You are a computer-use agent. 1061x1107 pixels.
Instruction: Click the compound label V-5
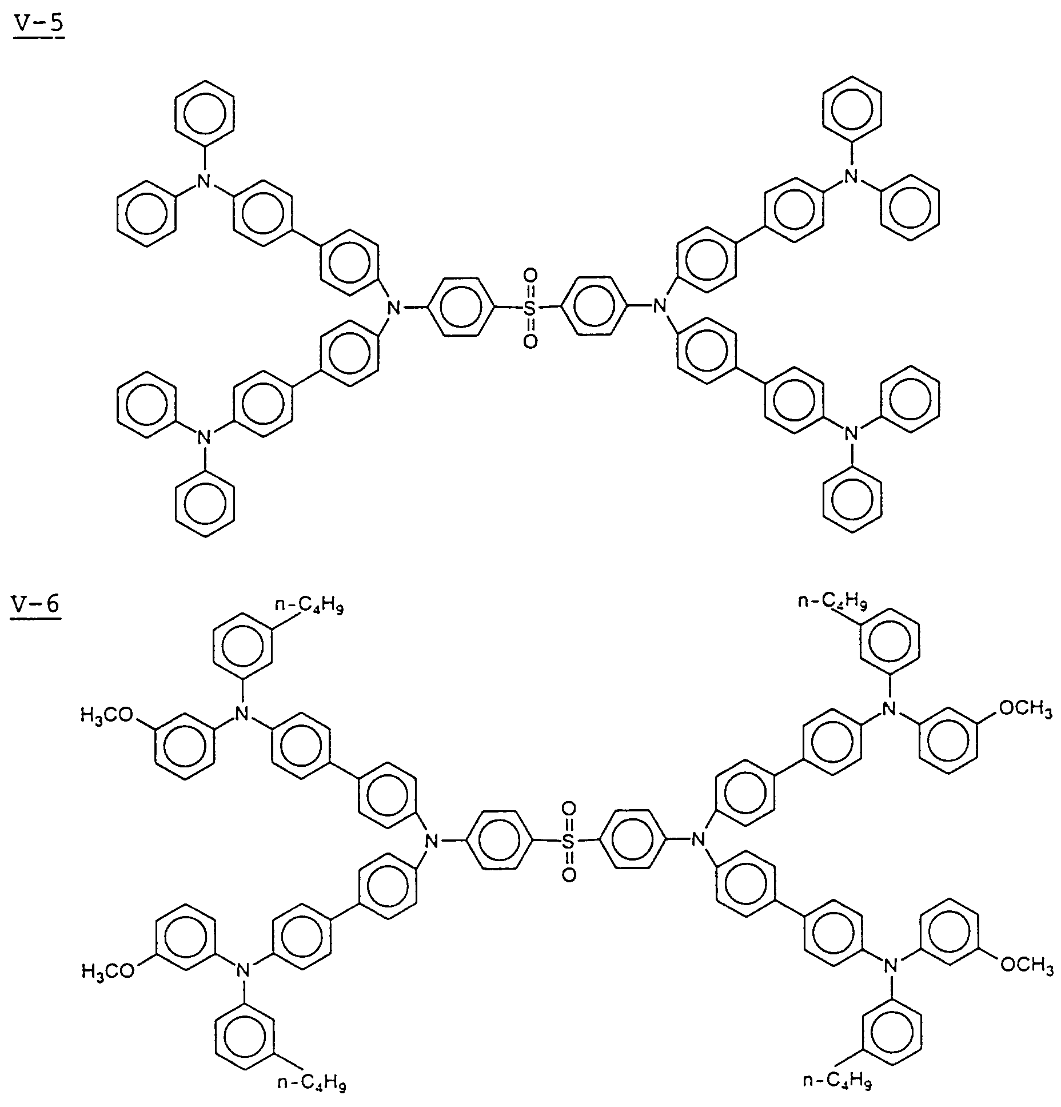(x=38, y=27)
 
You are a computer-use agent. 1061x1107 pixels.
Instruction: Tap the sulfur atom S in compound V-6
(x=568, y=841)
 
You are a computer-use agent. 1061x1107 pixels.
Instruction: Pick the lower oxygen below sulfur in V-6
(x=568, y=875)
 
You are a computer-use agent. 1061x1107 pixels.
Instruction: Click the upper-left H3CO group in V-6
(x=107, y=715)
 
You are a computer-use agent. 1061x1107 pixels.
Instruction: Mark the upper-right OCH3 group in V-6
(x=1026, y=709)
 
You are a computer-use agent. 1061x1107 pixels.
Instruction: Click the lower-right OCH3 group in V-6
(x=1027, y=966)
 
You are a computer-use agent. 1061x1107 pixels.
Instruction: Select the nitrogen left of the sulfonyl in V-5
(x=393, y=308)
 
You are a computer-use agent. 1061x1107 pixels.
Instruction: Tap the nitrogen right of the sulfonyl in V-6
(x=697, y=840)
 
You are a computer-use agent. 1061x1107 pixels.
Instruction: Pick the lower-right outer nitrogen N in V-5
(x=852, y=433)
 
